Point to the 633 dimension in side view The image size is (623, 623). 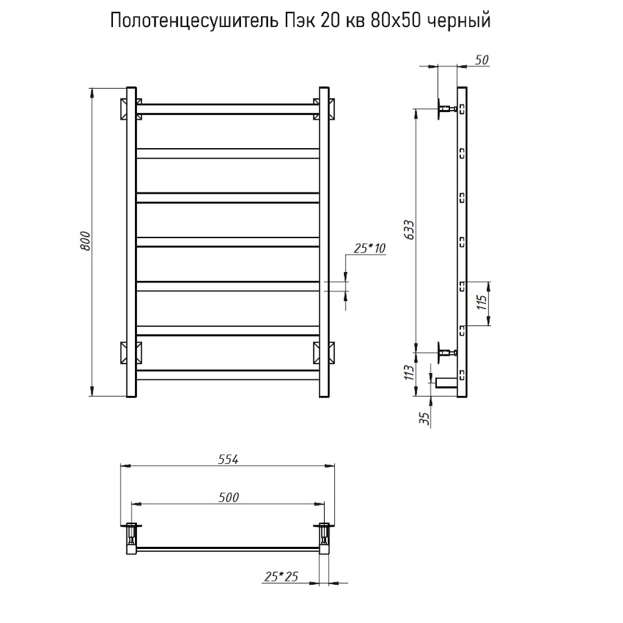pyautogui.click(x=409, y=230)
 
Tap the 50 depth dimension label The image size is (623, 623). pyautogui.click(x=482, y=60)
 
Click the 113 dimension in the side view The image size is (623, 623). pyautogui.click(x=409, y=374)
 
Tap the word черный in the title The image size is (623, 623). pyautogui.click(x=460, y=21)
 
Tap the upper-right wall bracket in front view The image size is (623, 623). pyautogui.click(x=324, y=109)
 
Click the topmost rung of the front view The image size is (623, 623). pyautogui.click(x=227, y=109)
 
